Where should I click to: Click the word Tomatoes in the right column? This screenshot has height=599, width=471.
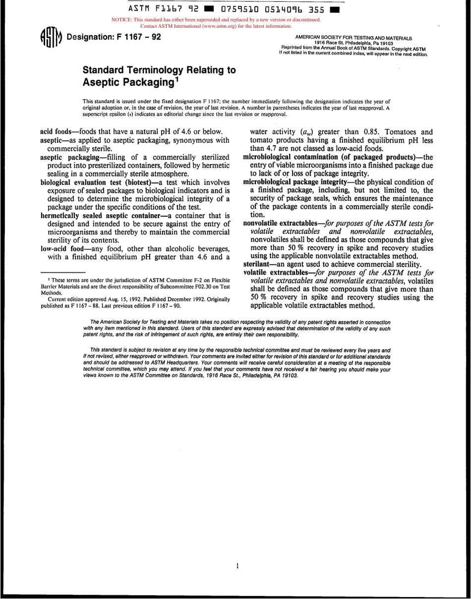coord(402,132)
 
